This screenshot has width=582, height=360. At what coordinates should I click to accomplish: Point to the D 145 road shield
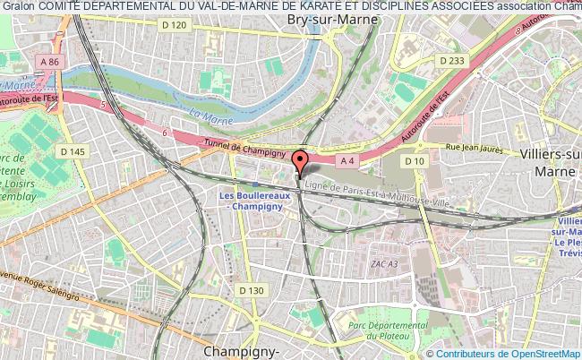pyautogui.click(x=77, y=151)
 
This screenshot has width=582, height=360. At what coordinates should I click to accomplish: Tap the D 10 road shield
pyautogui.click(x=414, y=161)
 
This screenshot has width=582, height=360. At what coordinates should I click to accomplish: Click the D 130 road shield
pyautogui.click(x=252, y=289)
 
